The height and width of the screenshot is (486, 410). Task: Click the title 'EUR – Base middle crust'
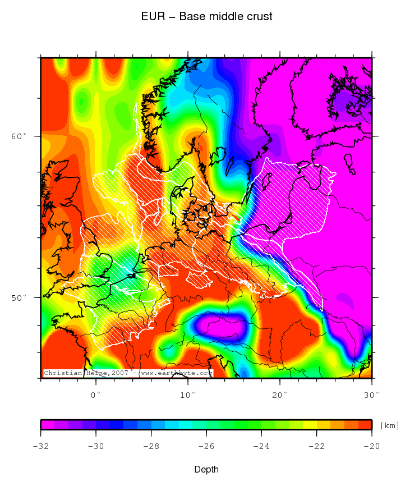coord(207,17)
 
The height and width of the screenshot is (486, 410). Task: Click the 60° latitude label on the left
coord(19,136)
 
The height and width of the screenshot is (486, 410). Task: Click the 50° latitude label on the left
coord(19,297)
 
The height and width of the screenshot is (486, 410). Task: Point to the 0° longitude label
coord(96,395)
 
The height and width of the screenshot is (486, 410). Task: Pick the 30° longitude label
coord(371,395)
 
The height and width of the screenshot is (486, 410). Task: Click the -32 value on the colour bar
coord(41,447)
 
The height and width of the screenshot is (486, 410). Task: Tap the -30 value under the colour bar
coord(96,447)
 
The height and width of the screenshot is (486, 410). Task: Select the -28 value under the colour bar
coord(151,447)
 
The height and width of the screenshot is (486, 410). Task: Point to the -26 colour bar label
coord(206,447)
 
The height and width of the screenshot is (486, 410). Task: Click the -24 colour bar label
coord(261,447)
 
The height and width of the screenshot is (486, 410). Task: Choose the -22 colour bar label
coord(316,447)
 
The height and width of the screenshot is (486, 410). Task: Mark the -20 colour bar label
coord(371,447)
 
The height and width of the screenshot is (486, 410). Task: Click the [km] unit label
coord(390,425)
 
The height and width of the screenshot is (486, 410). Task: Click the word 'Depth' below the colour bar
coord(206,469)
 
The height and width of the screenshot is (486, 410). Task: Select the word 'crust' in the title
coord(259,17)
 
